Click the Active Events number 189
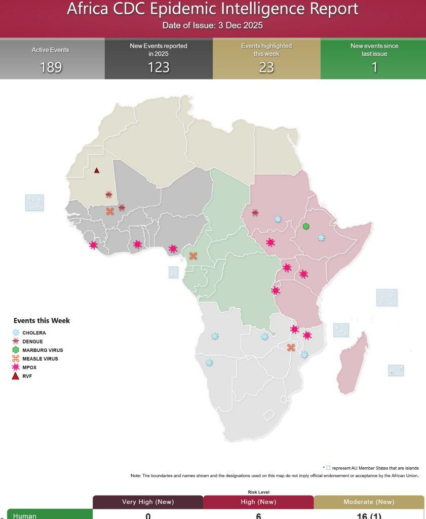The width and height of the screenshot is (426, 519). pos(51,67)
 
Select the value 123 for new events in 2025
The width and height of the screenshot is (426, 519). pos(159,67)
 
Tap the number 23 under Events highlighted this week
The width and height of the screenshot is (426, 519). pos(266,67)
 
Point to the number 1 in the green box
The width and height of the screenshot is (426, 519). pos(374,67)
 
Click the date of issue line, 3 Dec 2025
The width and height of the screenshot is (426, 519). pos(213,25)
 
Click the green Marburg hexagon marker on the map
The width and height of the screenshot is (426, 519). pos(306,226)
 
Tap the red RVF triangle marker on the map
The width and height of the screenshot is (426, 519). pos(97,170)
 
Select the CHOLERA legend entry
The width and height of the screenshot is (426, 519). pos(33,333)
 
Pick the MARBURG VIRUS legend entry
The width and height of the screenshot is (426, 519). pos(42,350)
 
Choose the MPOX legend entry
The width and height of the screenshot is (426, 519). pos(29,367)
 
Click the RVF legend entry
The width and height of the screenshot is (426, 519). pos(27,376)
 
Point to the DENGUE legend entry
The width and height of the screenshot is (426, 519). pos(32,342)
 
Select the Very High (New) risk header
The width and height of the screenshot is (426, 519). pos(148,502)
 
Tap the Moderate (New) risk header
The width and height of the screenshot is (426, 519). pos(369,502)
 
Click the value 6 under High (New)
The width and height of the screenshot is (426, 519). pos(258,515)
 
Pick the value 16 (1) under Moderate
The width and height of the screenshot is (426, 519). pos(369,515)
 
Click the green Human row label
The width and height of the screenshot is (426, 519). pos(25,515)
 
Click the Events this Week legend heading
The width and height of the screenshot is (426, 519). pos(42,320)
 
